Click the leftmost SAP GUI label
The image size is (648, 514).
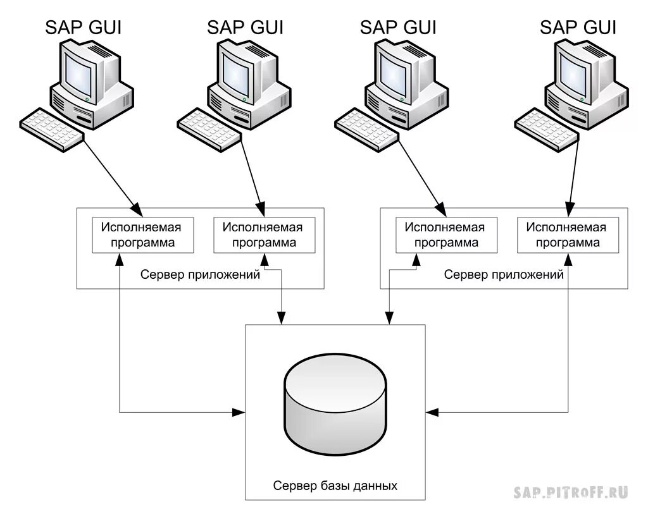point(83,27)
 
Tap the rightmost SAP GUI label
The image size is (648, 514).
point(578,27)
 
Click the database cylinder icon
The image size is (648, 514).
point(335,404)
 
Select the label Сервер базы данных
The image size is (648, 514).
point(335,486)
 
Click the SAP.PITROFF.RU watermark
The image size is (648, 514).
point(571,493)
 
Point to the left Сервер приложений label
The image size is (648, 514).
point(200,274)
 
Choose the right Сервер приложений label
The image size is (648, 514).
point(504,274)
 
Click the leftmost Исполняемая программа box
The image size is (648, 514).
point(142,235)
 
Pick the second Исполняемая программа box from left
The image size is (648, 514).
point(264,235)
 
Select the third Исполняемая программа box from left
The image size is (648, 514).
point(446,235)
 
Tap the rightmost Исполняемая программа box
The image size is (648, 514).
point(568,235)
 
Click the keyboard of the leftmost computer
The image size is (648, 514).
point(52,129)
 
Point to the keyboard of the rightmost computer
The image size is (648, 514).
point(546,129)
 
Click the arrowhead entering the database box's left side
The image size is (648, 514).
point(239,412)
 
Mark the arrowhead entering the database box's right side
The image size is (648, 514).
point(432,412)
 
